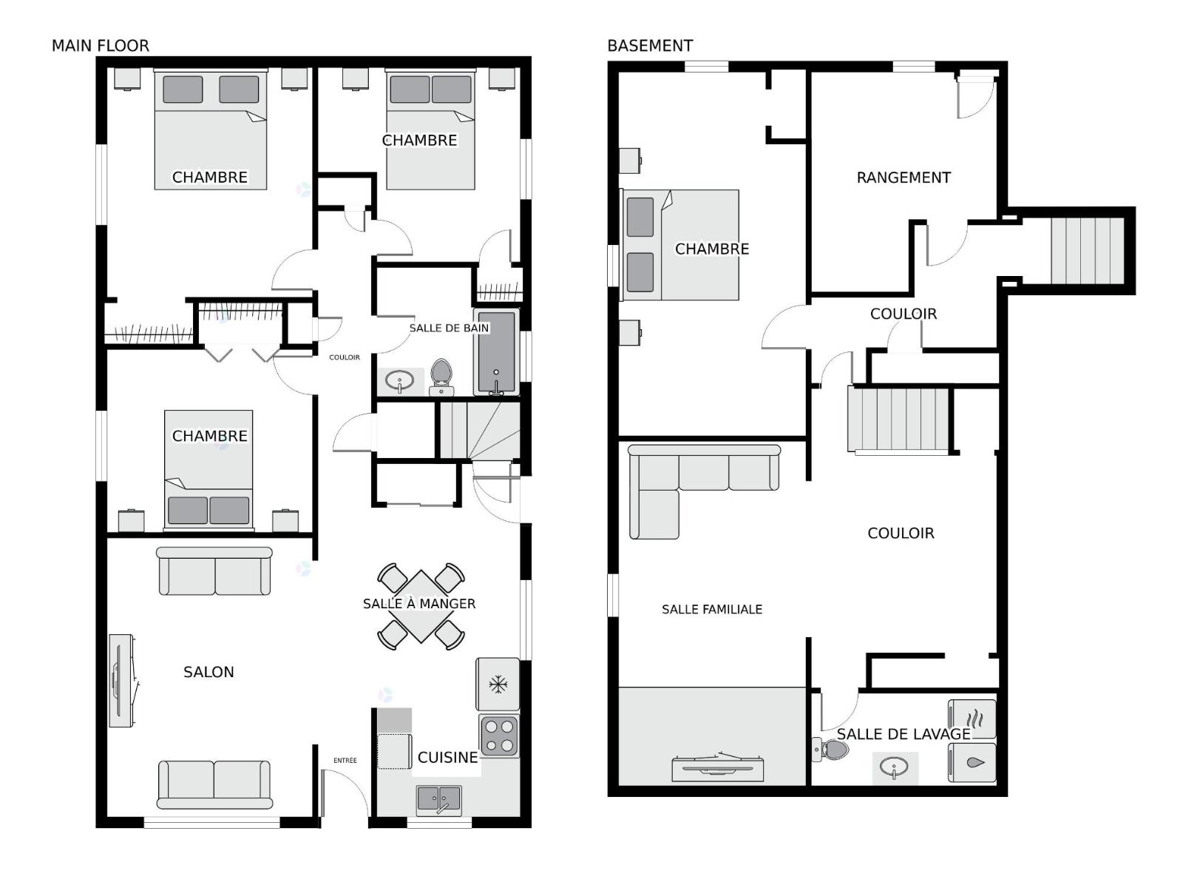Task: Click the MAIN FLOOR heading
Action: (x=101, y=46)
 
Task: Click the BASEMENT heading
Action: (x=650, y=46)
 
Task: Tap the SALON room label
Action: (x=209, y=672)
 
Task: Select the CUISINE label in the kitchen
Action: (x=447, y=758)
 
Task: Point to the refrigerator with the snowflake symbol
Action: (x=498, y=684)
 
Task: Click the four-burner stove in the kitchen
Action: (x=499, y=736)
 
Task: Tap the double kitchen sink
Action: (x=438, y=801)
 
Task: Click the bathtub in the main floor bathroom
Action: (x=496, y=353)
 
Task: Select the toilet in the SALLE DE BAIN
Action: (x=441, y=377)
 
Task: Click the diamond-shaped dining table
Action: (x=421, y=607)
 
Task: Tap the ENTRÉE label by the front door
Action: (x=345, y=760)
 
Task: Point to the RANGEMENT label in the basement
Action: (x=904, y=178)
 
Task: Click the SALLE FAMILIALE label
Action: (x=712, y=609)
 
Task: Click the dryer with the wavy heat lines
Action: (x=972, y=719)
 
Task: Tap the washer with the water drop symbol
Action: (x=972, y=762)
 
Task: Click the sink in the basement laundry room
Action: (x=895, y=767)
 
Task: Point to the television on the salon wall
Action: (x=122, y=680)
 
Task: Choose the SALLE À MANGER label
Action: (x=419, y=603)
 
